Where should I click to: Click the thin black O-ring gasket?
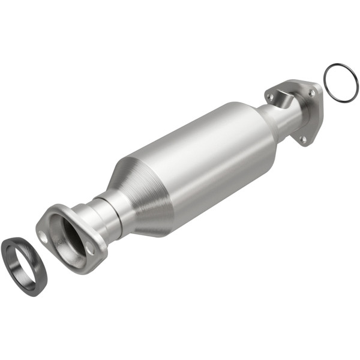click(x=328, y=71)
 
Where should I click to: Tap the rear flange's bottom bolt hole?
click(x=304, y=139)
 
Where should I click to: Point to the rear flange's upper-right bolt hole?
click(x=311, y=93)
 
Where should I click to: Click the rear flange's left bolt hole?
click(x=271, y=96)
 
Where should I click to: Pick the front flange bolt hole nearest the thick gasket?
click(x=44, y=236)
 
